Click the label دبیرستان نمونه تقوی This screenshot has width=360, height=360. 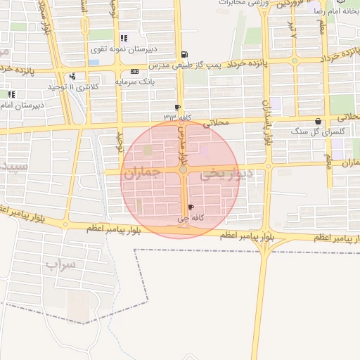(122, 50)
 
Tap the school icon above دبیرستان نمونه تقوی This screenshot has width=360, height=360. (124, 38)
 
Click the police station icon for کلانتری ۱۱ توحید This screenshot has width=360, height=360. (72, 76)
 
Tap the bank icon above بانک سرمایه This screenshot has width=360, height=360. (135, 72)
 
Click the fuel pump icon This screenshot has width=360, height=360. (184, 55)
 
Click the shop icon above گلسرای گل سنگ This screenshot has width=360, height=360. (319, 121)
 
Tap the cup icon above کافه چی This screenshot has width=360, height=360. (191, 207)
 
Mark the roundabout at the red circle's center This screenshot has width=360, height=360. (183, 169)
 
